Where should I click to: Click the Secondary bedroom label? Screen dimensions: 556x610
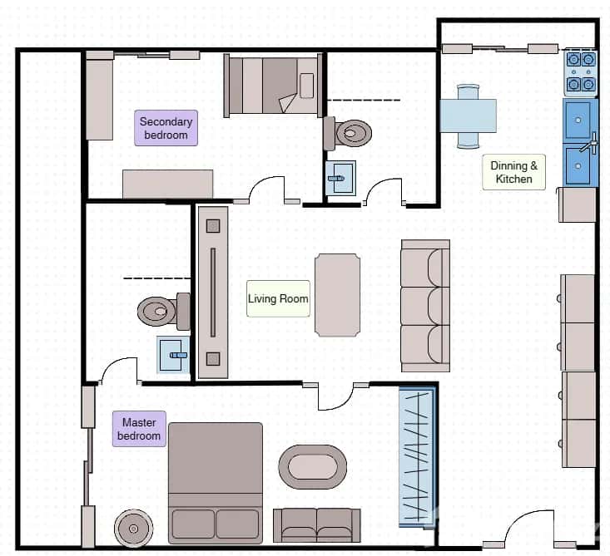pyautogui.click(x=167, y=128)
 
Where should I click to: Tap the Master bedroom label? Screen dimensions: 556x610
pyautogui.click(x=139, y=429)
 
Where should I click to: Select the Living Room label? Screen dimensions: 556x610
pyautogui.click(x=278, y=298)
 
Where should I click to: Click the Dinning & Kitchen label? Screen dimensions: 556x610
pyautogui.click(x=513, y=171)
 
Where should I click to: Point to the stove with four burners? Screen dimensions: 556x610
pyautogui.click(x=580, y=71)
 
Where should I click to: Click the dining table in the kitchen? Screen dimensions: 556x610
pyautogui.click(x=468, y=116)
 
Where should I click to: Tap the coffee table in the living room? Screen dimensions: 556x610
pyautogui.click(x=337, y=295)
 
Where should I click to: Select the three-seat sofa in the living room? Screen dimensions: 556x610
pyautogui.click(x=425, y=306)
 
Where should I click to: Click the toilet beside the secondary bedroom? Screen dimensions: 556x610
pyautogui.click(x=350, y=132)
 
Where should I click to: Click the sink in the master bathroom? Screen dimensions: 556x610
pyautogui.click(x=174, y=355)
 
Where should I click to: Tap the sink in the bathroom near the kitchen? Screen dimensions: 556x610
pyautogui.click(x=340, y=177)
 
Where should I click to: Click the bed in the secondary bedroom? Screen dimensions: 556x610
pyautogui.click(x=272, y=86)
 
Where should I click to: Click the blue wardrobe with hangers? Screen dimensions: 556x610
pyautogui.click(x=418, y=457)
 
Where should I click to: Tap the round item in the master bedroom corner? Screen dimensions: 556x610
pyautogui.click(x=132, y=527)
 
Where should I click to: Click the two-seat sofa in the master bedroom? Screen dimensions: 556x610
pyautogui.click(x=317, y=525)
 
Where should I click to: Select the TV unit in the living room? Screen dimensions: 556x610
pyautogui.click(x=212, y=291)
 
